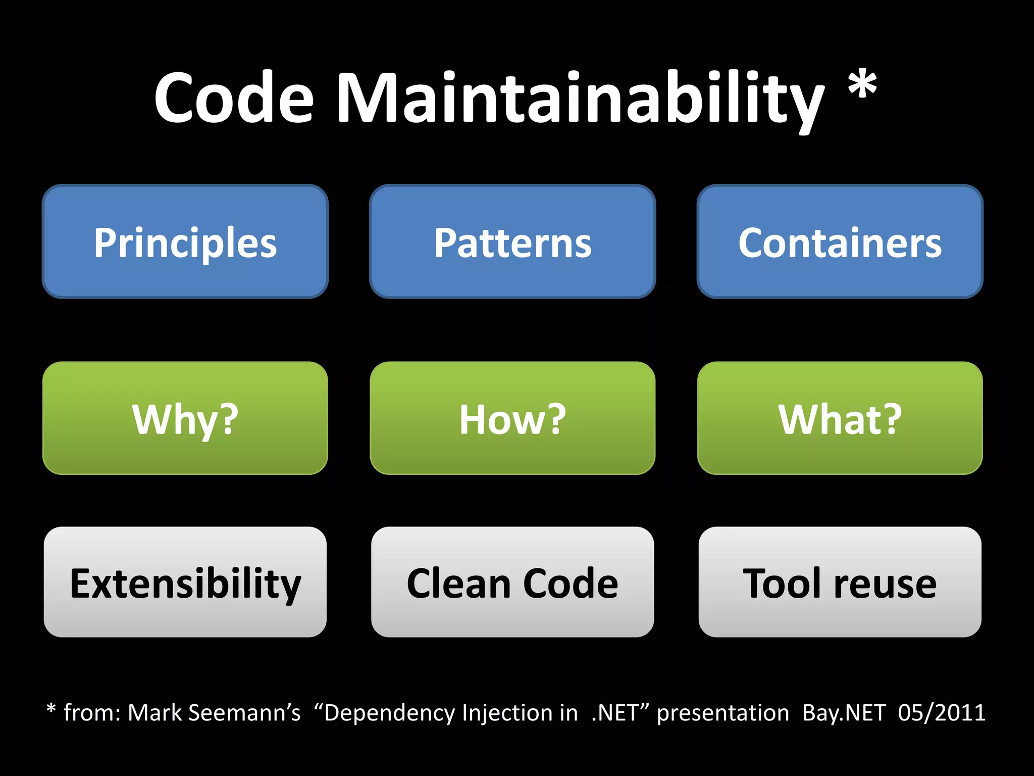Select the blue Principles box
point(185,242)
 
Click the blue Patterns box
point(512,242)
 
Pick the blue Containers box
point(840,242)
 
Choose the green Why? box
point(185,418)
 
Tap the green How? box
point(512,418)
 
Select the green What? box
point(840,418)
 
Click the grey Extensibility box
point(185,583)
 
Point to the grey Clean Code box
point(512,583)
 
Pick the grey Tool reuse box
point(840,583)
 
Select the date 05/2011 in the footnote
point(942,713)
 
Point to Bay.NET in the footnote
point(844,713)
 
